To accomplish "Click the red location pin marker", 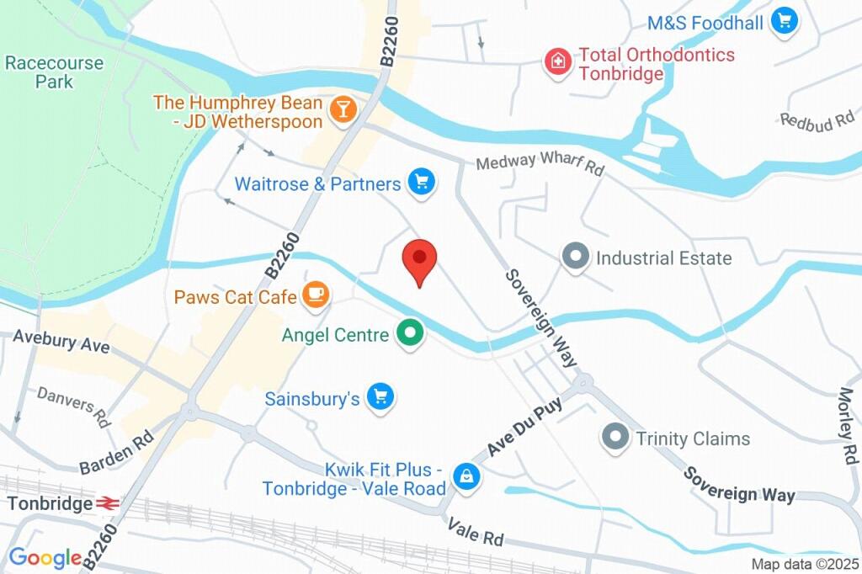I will pyautogui.click(x=418, y=258).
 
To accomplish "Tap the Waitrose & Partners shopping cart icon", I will pyautogui.click(x=421, y=181).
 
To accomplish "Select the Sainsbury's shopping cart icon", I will pyautogui.click(x=381, y=396).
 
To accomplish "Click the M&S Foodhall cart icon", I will pyautogui.click(x=785, y=21).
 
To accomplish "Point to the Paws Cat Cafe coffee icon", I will pyautogui.click(x=317, y=294).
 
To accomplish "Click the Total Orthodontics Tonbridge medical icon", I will pyautogui.click(x=556, y=62).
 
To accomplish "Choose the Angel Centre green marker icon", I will pyautogui.click(x=410, y=333).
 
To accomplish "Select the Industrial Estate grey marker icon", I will pyautogui.click(x=576, y=257).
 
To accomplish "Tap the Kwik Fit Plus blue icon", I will pyautogui.click(x=464, y=477).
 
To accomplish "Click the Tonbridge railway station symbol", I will pyautogui.click(x=107, y=503).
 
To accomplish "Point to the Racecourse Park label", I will pyautogui.click(x=54, y=72).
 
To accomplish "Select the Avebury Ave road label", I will pyautogui.click(x=61, y=343).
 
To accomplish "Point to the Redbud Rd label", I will pyautogui.click(x=817, y=121).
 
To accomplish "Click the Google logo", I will pyautogui.click(x=45, y=557).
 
